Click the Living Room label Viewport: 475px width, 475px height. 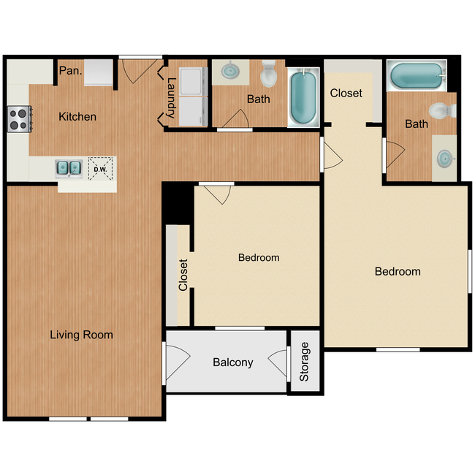(x=81, y=335)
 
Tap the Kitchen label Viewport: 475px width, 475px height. (x=77, y=117)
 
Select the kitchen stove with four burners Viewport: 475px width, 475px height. (x=20, y=118)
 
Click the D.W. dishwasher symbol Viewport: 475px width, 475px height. (x=99, y=169)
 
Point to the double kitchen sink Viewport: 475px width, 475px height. (x=70, y=168)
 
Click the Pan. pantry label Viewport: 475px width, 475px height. (x=69, y=71)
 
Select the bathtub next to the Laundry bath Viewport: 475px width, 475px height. (x=304, y=97)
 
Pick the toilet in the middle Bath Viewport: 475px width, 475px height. (x=269, y=72)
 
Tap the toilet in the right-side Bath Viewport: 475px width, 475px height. (x=441, y=111)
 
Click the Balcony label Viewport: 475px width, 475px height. (x=232, y=362)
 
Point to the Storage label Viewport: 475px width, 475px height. (x=305, y=362)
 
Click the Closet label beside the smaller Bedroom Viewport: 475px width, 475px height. (x=183, y=275)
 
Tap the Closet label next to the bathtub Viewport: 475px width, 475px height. (x=346, y=94)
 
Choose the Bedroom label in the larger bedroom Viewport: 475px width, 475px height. (x=398, y=272)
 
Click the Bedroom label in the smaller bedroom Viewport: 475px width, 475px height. (x=259, y=258)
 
